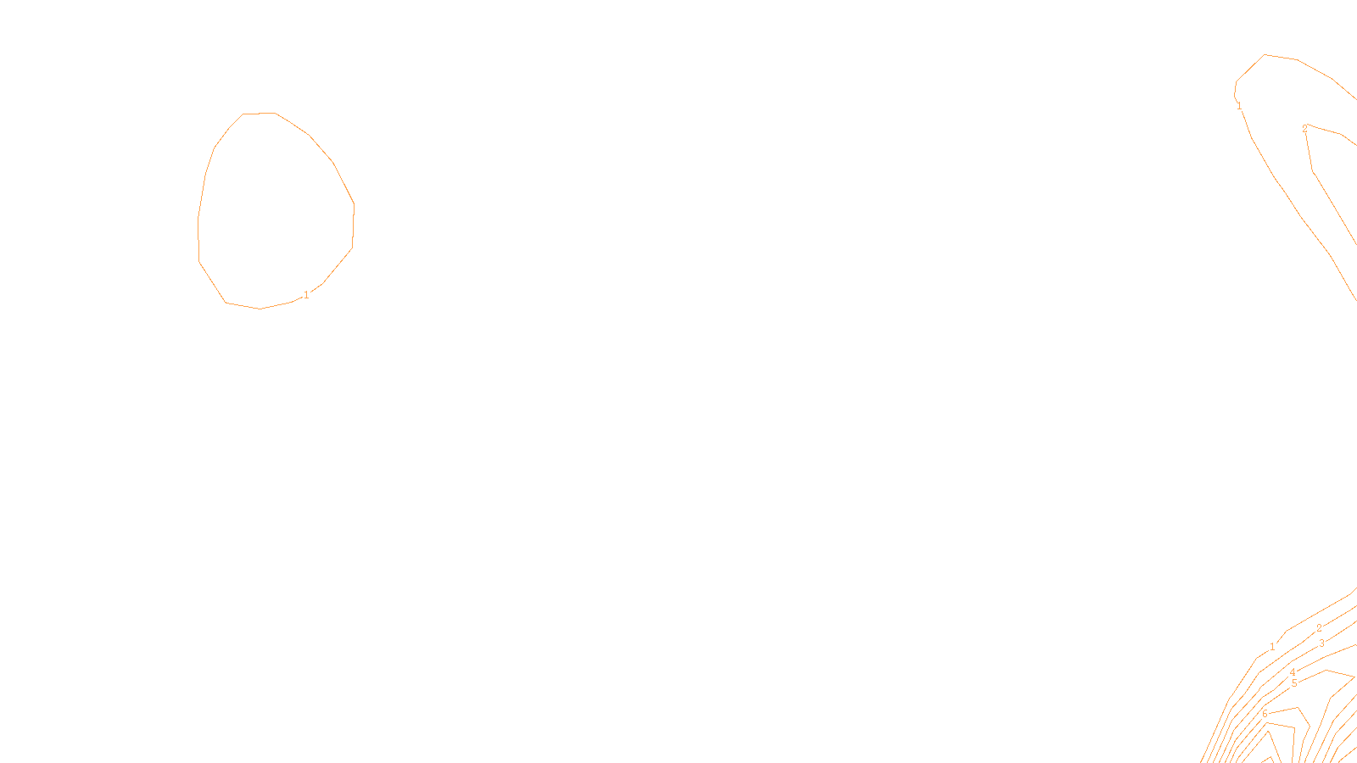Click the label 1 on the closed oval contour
pyautogui.click(x=306, y=295)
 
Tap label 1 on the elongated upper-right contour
pyautogui.click(x=1239, y=106)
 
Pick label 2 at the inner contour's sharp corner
pyautogui.click(x=1304, y=129)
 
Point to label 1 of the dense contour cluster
pyautogui.click(x=1272, y=647)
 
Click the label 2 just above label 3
pyautogui.click(x=1319, y=628)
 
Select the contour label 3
pyautogui.click(x=1321, y=643)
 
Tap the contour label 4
pyautogui.click(x=1293, y=672)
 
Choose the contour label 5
pyautogui.click(x=1294, y=683)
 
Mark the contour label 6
pyautogui.click(x=1265, y=714)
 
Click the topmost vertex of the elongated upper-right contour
pyautogui.click(x=1265, y=55)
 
